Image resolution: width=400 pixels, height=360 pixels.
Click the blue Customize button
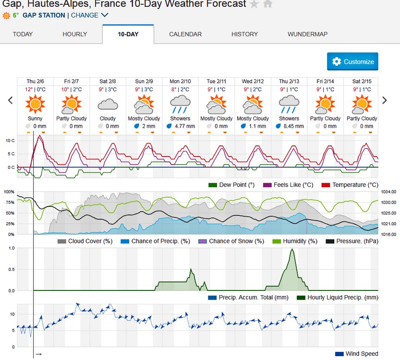point(352,61)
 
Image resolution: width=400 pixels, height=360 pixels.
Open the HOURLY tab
point(75,34)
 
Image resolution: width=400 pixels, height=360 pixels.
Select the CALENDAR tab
point(185,34)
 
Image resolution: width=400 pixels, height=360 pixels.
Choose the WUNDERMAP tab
point(307,34)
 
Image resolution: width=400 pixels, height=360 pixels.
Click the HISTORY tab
point(244,34)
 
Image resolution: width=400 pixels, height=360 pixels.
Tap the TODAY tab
point(23,34)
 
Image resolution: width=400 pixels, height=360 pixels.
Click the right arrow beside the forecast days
point(384,100)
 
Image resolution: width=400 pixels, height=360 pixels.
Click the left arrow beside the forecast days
point(10,100)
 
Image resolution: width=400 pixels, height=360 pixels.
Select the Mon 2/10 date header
point(180,81)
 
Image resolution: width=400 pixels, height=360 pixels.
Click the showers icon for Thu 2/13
point(289,104)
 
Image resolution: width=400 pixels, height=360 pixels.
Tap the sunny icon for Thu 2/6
point(35,104)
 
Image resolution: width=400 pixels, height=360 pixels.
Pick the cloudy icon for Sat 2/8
point(108,104)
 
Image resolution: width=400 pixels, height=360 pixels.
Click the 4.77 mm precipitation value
point(184,126)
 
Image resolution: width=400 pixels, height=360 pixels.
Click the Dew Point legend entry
point(233,185)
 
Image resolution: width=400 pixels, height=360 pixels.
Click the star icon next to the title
point(255,4)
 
